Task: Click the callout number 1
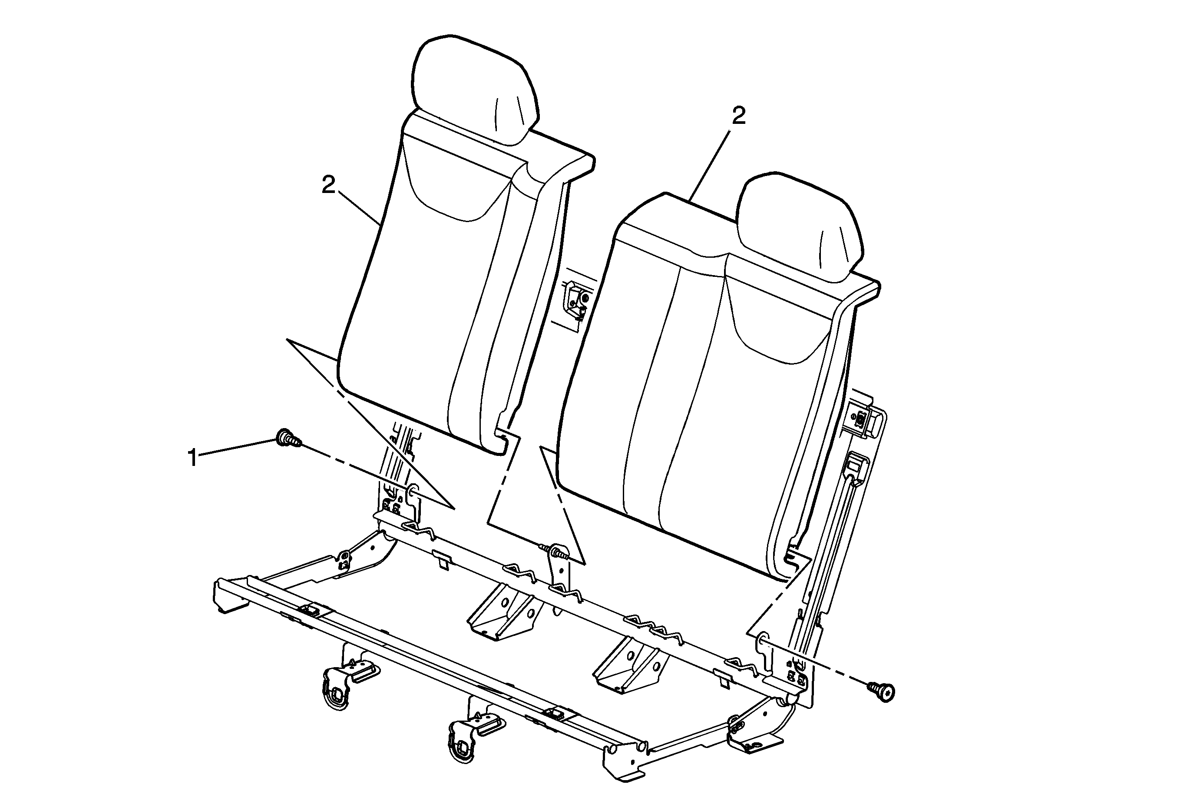pyautogui.click(x=193, y=458)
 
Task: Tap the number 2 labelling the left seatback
pyautogui.click(x=329, y=185)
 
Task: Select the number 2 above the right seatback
pyautogui.click(x=739, y=116)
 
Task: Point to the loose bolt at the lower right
pyautogui.click(x=882, y=691)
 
